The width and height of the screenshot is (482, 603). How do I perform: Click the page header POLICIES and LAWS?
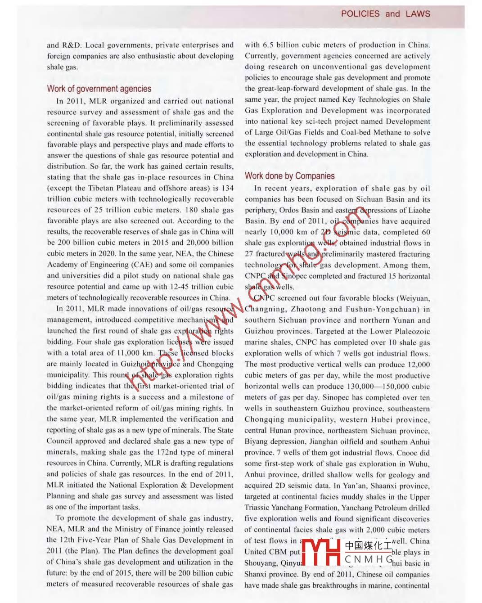click(x=385, y=13)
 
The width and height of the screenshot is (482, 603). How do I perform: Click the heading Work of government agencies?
click(x=99, y=89)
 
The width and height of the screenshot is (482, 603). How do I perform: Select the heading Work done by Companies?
click(x=289, y=176)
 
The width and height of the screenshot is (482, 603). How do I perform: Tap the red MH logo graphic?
click(x=321, y=552)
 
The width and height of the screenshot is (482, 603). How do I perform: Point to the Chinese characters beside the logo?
click(x=368, y=545)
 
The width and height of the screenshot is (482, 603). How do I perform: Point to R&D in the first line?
click(x=71, y=45)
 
